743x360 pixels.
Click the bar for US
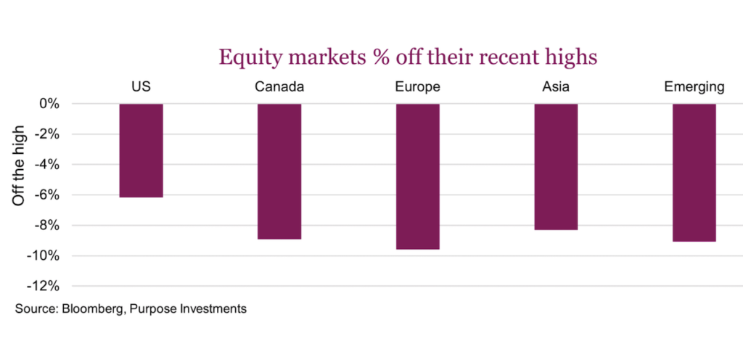pyautogui.click(x=141, y=150)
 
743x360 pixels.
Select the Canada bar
pyautogui.click(x=279, y=171)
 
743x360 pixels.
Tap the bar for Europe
pyautogui.click(x=417, y=176)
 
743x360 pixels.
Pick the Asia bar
pyautogui.click(x=556, y=166)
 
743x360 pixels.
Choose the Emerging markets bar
pyautogui.click(x=694, y=172)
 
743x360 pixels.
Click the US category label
pyautogui.click(x=141, y=88)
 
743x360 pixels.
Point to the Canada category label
pyautogui.click(x=279, y=88)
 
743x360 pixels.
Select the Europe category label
pyautogui.click(x=417, y=88)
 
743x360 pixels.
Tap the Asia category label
pyautogui.click(x=556, y=88)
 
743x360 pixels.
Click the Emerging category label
pyautogui.click(x=694, y=88)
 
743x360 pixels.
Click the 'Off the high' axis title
pyautogui.click(x=20, y=165)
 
